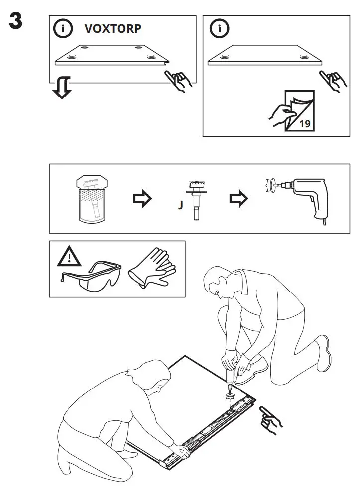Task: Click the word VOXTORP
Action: coord(113,29)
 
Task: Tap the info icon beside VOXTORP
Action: coord(63,29)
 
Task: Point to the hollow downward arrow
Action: coord(62,88)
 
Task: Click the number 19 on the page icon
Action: coord(305,124)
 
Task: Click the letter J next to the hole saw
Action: coord(181,205)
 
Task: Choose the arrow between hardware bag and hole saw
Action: coord(142,199)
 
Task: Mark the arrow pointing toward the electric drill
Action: coord(238,199)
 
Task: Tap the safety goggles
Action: coord(92,276)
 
